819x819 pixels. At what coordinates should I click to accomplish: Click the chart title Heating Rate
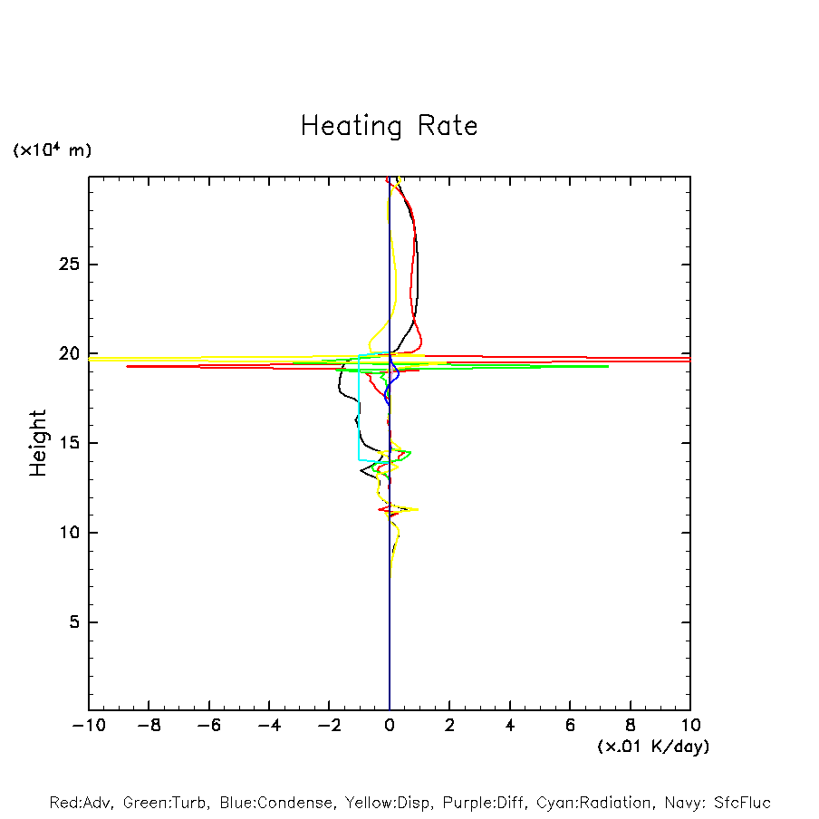pyautogui.click(x=389, y=126)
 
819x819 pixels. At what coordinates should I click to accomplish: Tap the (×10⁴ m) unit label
pyautogui.click(x=52, y=150)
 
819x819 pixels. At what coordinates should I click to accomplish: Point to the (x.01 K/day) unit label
pyautogui.click(x=652, y=747)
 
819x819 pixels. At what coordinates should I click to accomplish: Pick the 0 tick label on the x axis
pyautogui.click(x=390, y=725)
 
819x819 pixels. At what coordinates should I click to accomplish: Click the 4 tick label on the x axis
pyautogui.click(x=510, y=725)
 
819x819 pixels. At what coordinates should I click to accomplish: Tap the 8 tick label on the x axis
pyautogui.click(x=631, y=725)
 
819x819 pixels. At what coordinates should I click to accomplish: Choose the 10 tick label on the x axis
pyautogui.click(x=690, y=725)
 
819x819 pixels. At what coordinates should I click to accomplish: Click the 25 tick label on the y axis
pyautogui.click(x=66, y=265)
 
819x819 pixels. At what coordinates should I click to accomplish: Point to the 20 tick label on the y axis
pyautogui.click(x=66, y=354)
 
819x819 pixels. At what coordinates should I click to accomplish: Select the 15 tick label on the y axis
pyautogui.click(x=66, y=443)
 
